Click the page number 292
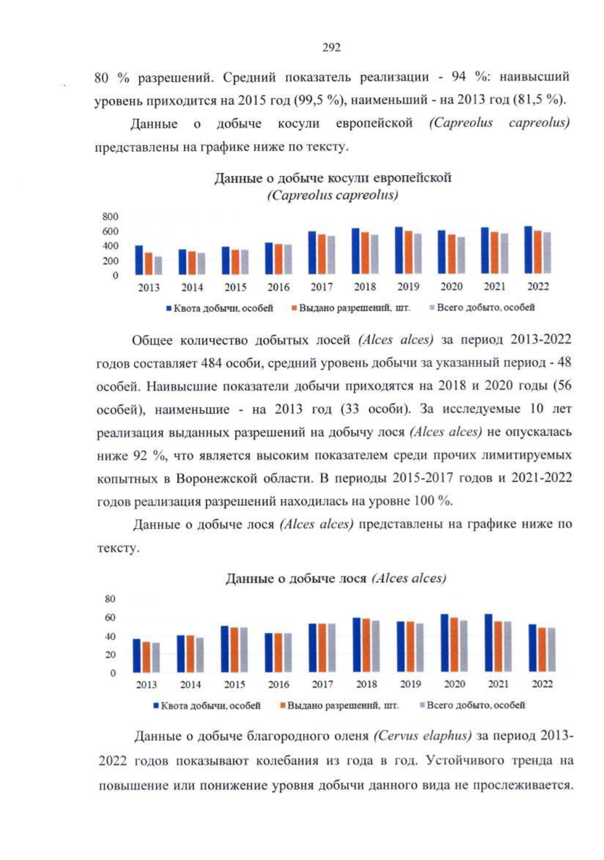click(331, 47)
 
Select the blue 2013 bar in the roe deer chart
click(139, 260)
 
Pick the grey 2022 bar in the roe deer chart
click(547, 253)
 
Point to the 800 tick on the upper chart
click(110, 217)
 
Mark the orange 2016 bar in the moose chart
click(278, 652)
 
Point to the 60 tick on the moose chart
click(110, 618)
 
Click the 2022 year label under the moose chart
click(542, 684)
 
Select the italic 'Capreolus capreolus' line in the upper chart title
click(333, 195)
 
